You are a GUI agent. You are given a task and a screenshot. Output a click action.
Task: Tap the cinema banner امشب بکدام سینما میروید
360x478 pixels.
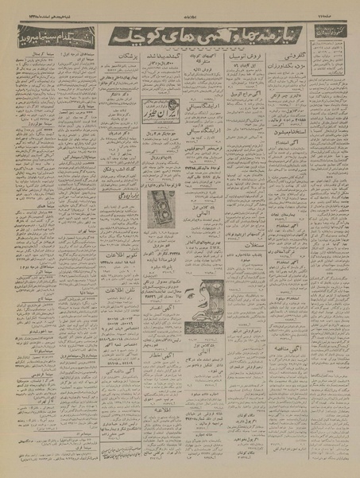(48, 39)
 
